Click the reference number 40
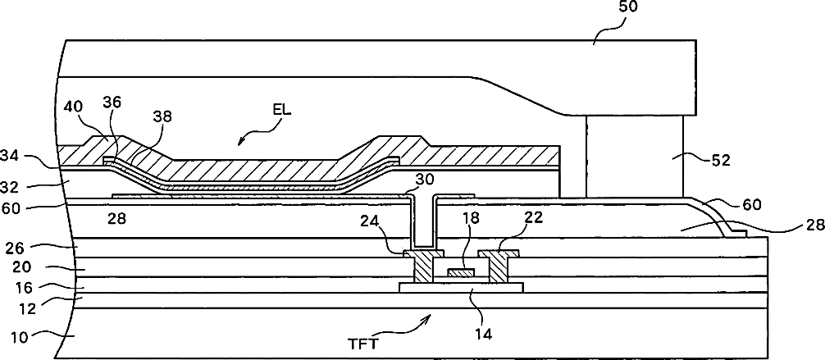coord(73,107)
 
